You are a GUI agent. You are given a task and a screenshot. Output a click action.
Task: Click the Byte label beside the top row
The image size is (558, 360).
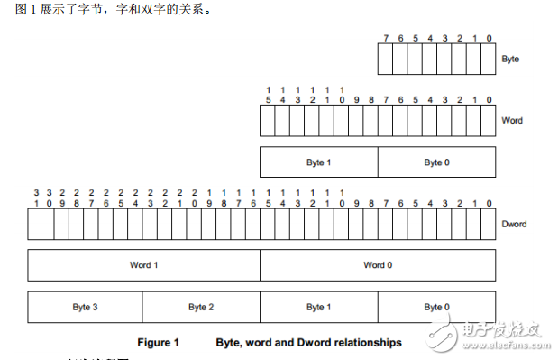tap(510, 59)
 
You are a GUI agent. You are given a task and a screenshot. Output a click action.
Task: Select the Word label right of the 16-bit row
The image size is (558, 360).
tap(511, 120)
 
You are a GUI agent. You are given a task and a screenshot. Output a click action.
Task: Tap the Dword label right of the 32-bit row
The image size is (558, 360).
tap(514, 224)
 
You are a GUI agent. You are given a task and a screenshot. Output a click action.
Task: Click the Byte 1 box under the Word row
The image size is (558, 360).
tap(318, 162)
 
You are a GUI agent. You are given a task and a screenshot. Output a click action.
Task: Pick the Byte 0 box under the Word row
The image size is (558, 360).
tap(435, 162)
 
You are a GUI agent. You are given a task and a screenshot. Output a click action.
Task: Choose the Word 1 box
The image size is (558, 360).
tap(144, 265)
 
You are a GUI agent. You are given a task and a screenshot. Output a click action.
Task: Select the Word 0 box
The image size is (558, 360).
tap(378, 265)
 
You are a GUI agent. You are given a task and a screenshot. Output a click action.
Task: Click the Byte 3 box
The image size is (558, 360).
tap(85, 308)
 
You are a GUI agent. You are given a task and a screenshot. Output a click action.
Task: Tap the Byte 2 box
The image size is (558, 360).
tap(201, 308)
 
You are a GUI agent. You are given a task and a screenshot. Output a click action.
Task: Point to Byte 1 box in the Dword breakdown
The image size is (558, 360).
tap(318, 308)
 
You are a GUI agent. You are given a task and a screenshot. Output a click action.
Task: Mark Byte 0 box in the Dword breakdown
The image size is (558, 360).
tap(435, 308)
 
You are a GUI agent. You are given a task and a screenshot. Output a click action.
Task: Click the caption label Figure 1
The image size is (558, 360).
tap(159, 343)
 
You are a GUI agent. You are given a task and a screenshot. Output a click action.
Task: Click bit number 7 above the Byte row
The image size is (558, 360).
tap(385, 38)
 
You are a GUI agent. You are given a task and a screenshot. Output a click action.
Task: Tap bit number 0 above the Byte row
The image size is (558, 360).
tap(489, 38)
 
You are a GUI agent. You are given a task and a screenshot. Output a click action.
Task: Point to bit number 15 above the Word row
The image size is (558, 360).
tap(268, 95)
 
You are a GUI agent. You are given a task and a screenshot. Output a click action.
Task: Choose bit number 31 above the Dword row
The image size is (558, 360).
tap(36, 198)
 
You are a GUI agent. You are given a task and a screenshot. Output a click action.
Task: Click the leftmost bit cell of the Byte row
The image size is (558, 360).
tap(385, 59)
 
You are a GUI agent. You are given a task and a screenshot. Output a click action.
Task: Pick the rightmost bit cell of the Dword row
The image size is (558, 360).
tap(488, 224)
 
